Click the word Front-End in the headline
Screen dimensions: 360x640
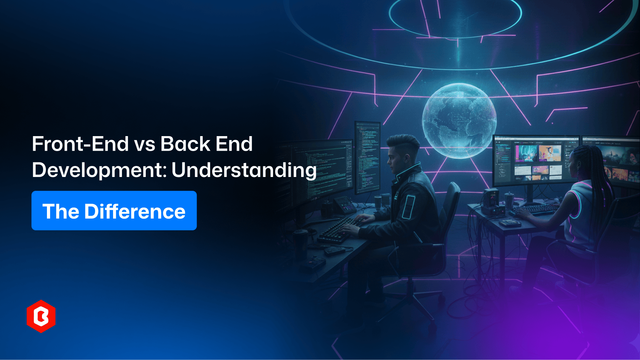(x=80, y=144)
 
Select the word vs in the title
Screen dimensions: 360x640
(x=144, y=145)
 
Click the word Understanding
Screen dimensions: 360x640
(x=244, y=170)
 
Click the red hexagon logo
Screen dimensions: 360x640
(x=41, y=316)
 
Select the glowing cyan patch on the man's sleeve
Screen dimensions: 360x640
(x=408, y=206)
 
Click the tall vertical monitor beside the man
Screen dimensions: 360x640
(x=367, y=156)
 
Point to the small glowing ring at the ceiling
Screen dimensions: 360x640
(x=455, y=14)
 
